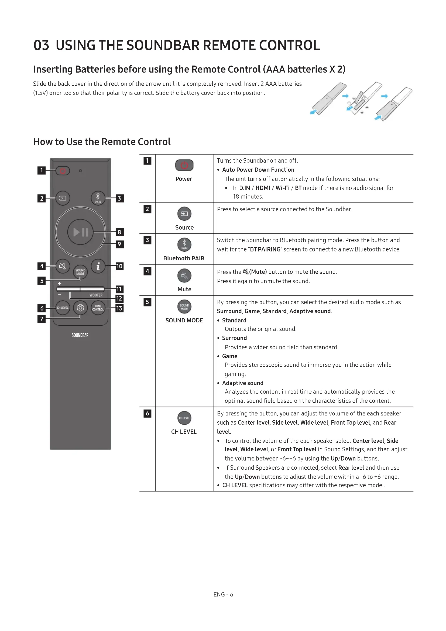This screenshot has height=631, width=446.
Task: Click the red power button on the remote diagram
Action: tap(63, 171)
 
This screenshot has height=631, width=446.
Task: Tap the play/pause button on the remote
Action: tap(80, 232)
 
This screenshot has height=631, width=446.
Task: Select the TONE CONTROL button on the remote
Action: tap(98, 308)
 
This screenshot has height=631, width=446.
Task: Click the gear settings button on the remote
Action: tap(80, 308)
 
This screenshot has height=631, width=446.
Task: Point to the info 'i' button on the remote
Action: tap(98, 266)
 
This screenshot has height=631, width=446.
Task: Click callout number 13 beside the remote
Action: tap(119, 308)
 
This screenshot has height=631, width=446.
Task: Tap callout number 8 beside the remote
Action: tap(119, 232)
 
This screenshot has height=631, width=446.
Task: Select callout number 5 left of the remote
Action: tap(42, 281)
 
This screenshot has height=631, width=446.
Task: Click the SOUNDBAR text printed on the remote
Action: tap(80, 335)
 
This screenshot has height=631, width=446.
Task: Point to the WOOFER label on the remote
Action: tap(96, 295)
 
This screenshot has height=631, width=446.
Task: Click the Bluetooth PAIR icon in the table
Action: tap(184, 245)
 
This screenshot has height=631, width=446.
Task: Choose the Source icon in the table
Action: tap(184, 214)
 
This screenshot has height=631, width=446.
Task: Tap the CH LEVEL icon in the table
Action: tap(184, 418)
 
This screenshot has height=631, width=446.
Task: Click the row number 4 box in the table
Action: tap(147, 271)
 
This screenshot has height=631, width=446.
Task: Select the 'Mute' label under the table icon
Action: tap(184, 289)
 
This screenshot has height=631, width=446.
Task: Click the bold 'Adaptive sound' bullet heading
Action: tap(243, 383)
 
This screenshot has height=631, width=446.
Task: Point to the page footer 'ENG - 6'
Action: tap(223, 595)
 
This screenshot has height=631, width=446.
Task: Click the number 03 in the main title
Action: tap(41, 45)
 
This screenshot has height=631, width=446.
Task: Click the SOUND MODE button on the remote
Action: tap(80, 272)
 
